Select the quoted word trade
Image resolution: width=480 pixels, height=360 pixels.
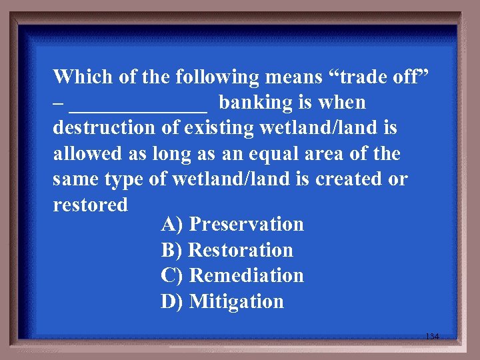click(x=359, y=77)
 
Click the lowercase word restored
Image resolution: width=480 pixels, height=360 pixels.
click(x=90, y=205)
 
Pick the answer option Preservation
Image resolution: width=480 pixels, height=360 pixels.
click(x=247, y=224)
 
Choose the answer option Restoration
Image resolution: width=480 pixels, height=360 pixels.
click(x=241, y=250)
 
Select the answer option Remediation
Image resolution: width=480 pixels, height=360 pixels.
click(x=247, y=275)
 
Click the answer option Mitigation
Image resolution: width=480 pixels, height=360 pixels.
click(x=237, y=301)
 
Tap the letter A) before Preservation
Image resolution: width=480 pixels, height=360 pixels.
click(x=173, y=224)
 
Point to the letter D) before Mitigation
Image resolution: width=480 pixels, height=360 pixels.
click(x=173, y=301)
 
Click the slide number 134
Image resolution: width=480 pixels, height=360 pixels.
click(x=432, y=337)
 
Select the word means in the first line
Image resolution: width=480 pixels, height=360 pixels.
click(x=293, y=77)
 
